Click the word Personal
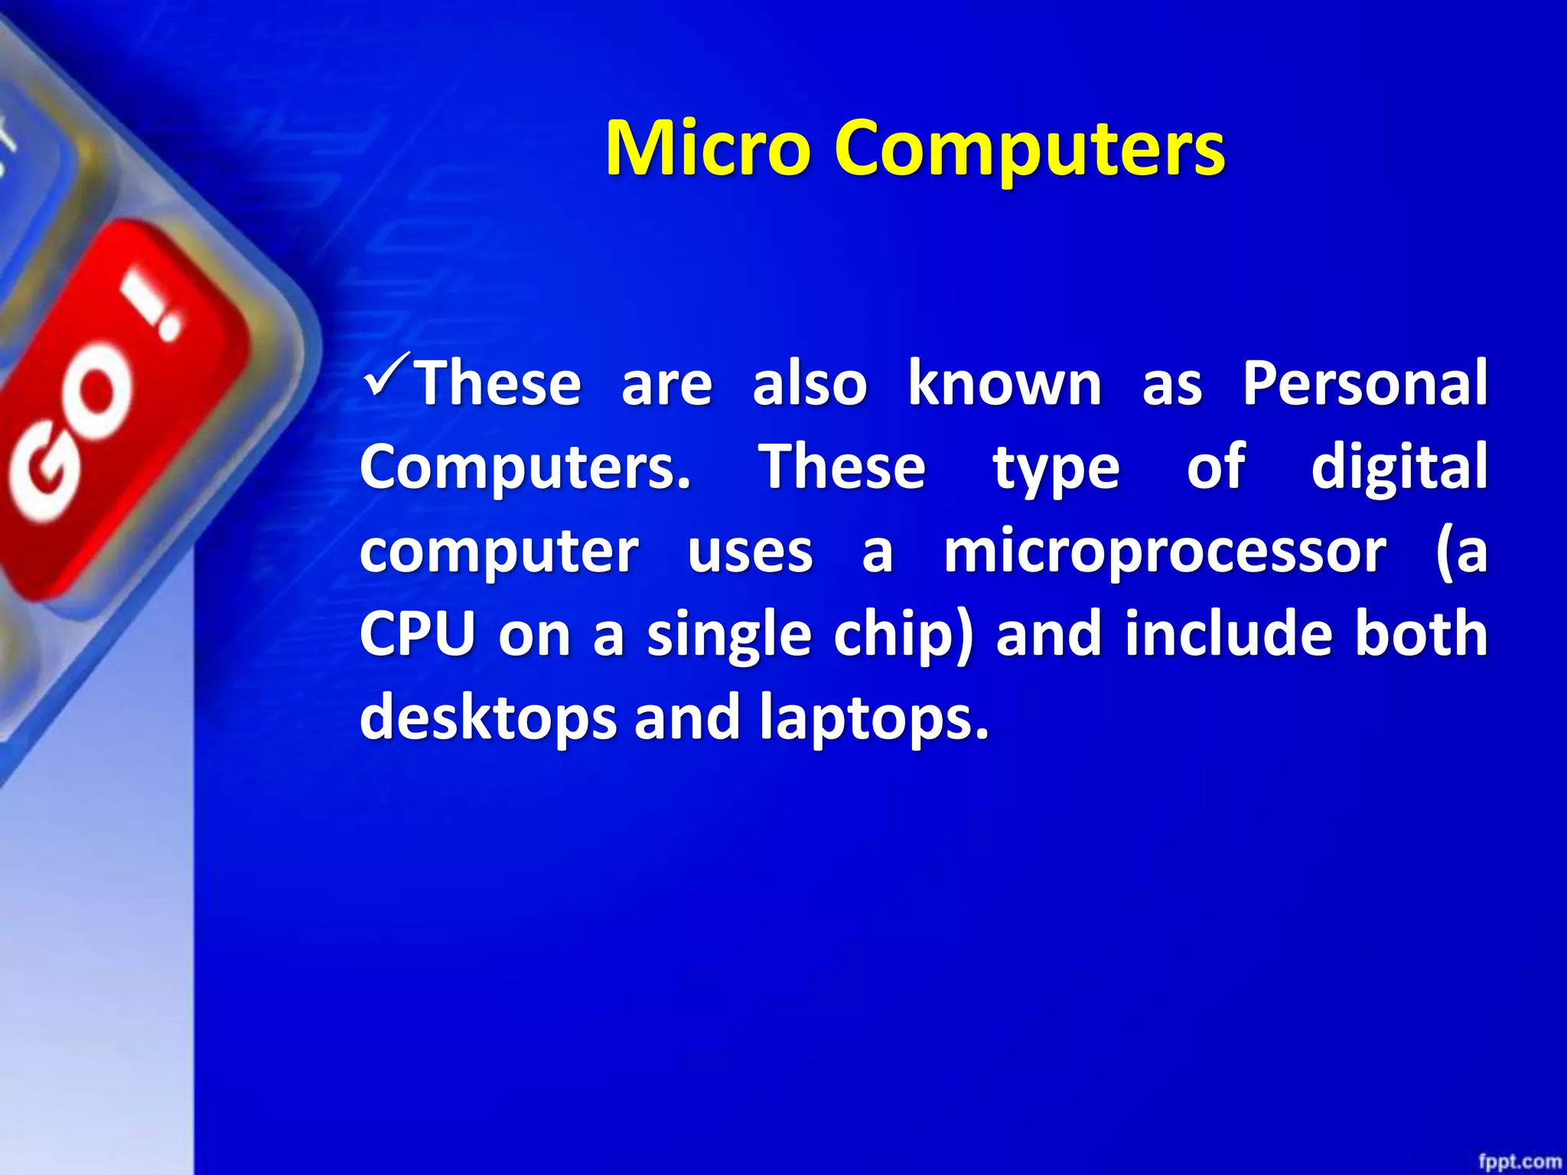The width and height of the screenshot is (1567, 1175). pyautogui.click(x=1364, y=382)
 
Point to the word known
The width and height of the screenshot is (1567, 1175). pyautogui.click(x=1004, y=382)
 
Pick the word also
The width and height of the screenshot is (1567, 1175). pyautogui.click(x=810, y=382)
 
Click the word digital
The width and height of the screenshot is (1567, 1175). pyautogui.click(x=1399, y=466)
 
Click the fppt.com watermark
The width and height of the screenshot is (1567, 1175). pyautogui.click(x=1519, y=1161)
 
